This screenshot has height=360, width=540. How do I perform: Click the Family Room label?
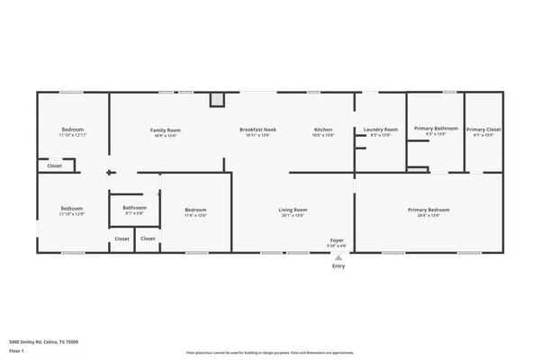coord(165,130)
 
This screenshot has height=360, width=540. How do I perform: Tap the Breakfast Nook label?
coord(257,130)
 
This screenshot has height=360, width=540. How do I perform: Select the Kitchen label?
coord(323,130)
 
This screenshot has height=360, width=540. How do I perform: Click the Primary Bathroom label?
coord(436,129)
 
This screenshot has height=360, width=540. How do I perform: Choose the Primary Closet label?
coord(483,129)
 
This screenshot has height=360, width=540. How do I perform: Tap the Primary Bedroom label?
coord(428,210)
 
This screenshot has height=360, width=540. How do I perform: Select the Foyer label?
coord(338,240)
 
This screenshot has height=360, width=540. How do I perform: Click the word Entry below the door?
coord(338,265)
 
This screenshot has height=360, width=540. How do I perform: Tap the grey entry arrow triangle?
coord(338,256)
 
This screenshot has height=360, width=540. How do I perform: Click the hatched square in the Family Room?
coord(216,99)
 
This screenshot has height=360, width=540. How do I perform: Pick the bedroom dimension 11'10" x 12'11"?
coord(73,136)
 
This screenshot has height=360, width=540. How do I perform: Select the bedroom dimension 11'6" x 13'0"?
coord(196,216)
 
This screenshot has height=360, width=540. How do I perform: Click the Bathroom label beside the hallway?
coord(134,208)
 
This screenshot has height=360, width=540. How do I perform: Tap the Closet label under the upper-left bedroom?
coord(55,166)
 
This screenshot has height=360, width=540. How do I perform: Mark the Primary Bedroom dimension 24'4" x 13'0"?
coord(428,216)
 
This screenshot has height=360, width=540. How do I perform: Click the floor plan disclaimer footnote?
coord(269,352)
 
